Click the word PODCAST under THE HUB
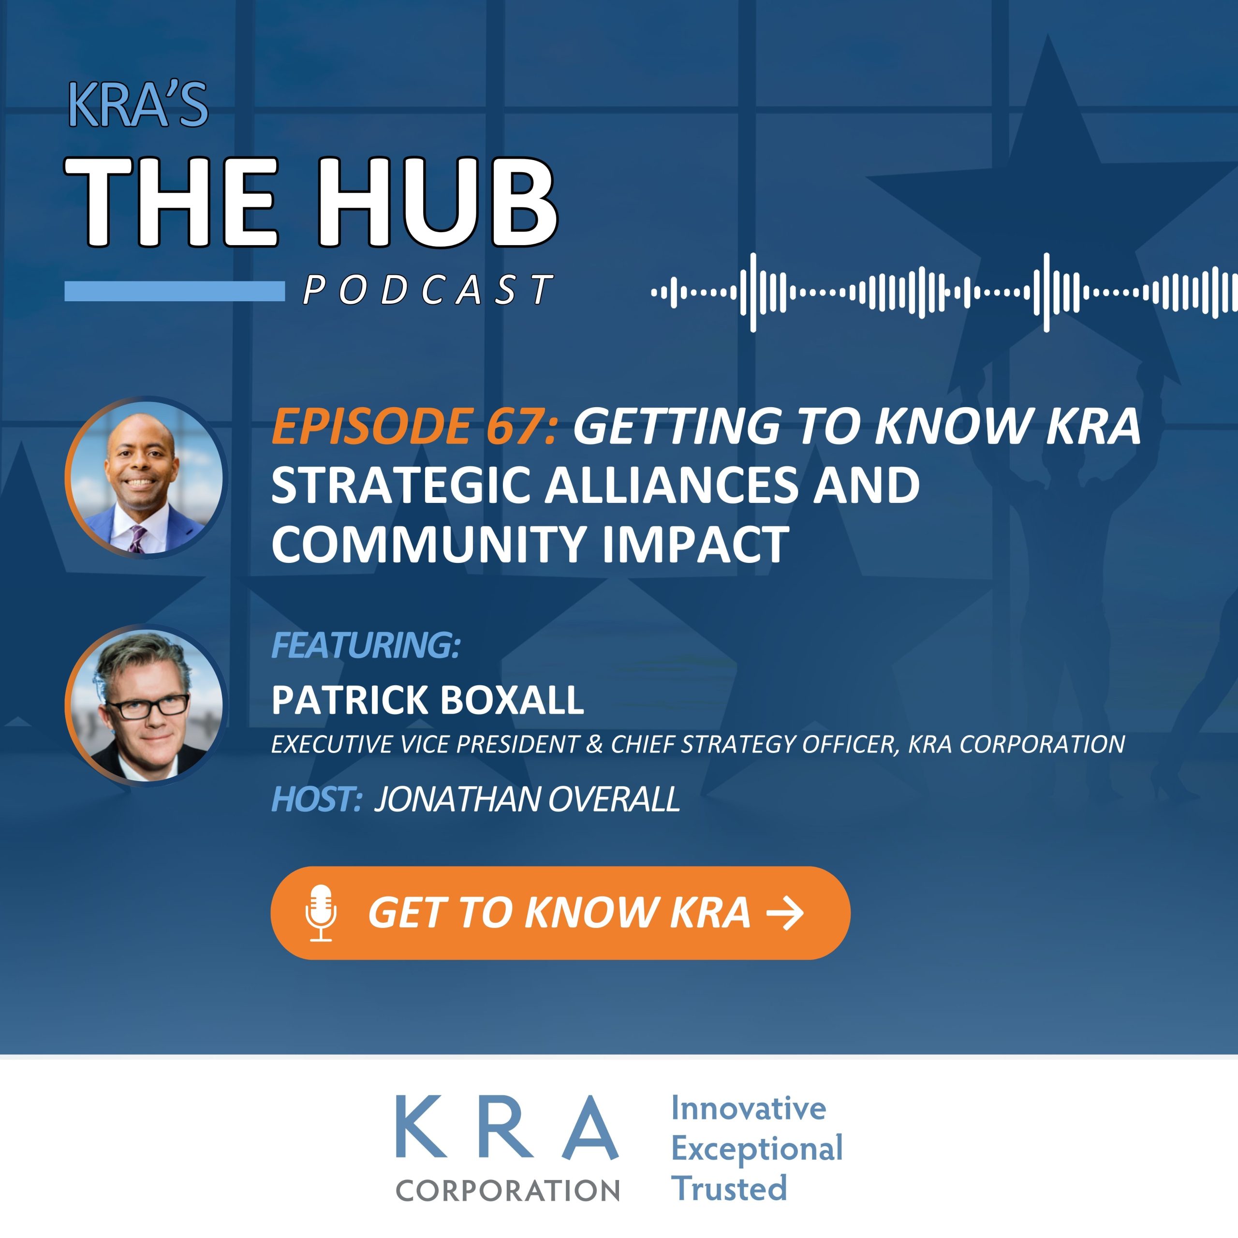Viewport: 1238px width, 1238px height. tap(427, 289)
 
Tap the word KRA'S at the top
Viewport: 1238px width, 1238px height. tap(138, 104)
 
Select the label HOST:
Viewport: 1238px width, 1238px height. tap(317, 799)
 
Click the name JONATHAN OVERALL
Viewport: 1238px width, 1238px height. tap(527, 799)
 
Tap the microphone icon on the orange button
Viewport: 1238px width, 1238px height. tap(321, 913)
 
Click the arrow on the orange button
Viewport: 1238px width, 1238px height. tap(785, 913)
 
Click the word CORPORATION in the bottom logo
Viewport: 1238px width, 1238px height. tap(507, 1191)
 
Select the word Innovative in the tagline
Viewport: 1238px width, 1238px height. tap(749, 1108)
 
